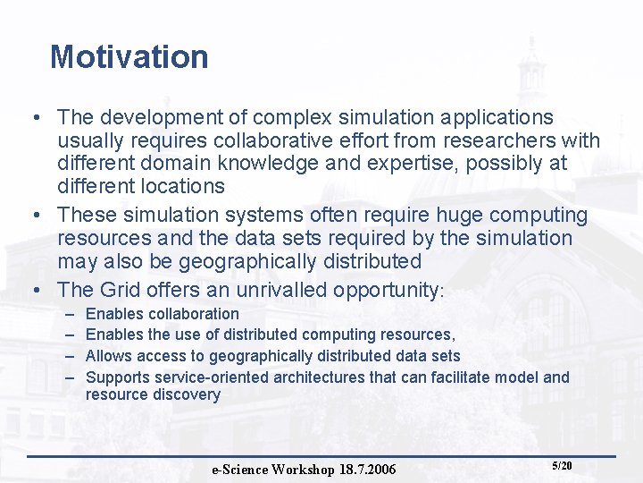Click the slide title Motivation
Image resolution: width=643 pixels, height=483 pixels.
pyautogui.click(x=129, y=57)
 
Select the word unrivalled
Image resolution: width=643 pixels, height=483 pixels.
pyautogui.click(x=280, y=290)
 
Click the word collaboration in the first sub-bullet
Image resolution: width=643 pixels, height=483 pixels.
pyautogui.click(x=194, y=314)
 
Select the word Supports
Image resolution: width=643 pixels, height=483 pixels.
pyautogui.click(x=116, y=377)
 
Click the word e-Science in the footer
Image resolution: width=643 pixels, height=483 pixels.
pyautogui.click(x=240, y=470)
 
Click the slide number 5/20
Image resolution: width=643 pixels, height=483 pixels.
pyautogui.click(x=562, y=466)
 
